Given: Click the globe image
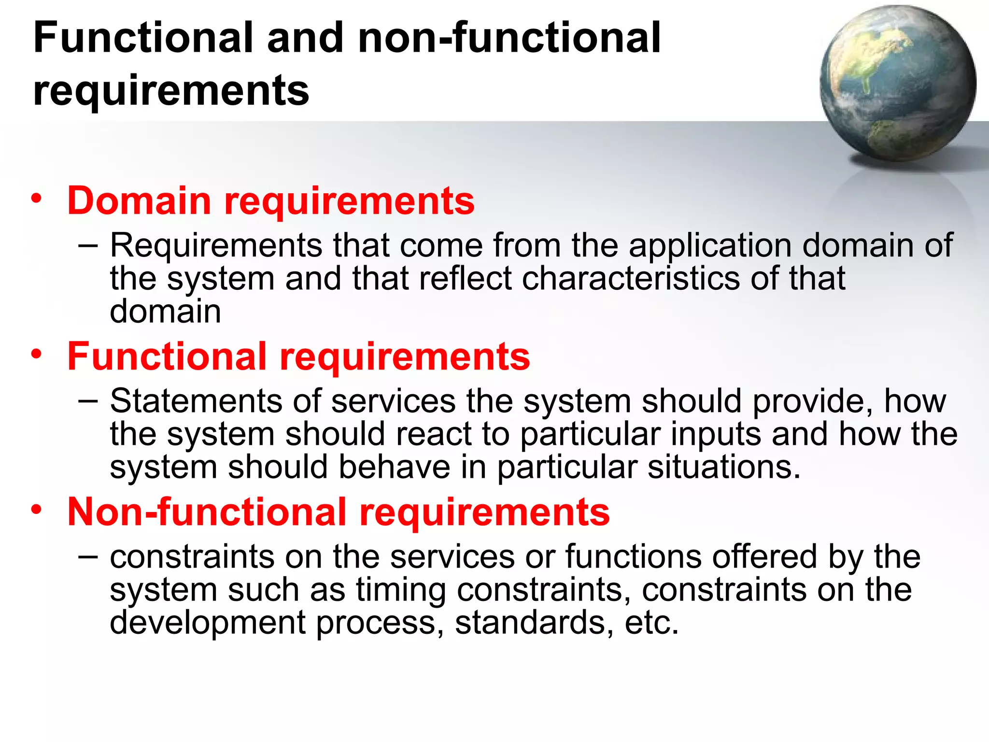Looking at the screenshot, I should (x=897, y=83).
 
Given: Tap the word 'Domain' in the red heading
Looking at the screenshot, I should (x=139, y=200).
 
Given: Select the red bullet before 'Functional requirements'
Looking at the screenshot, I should (x=37, y=354).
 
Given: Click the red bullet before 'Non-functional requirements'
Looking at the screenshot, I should (x=37, y=510).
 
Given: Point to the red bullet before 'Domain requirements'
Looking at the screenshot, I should (x=37, y=199).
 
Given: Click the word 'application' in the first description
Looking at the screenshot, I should (x=710, y=245).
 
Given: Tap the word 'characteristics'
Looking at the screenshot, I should (x=630, y=278).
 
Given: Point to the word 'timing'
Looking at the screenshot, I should (x=401, y=590).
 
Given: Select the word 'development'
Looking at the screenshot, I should (x=208, y=623).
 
